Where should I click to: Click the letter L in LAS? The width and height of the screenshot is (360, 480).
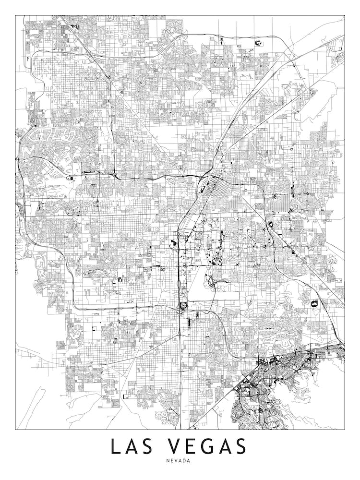116,446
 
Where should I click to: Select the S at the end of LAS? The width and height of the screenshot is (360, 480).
153,446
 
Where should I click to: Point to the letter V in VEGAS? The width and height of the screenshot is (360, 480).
176,446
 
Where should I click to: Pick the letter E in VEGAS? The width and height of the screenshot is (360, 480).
193,446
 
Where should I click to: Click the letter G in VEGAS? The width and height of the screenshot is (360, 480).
211,446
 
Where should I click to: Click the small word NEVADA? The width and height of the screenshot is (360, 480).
180,461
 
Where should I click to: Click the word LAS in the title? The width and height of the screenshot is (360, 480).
134,446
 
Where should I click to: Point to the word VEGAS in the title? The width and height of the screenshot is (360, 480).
211,446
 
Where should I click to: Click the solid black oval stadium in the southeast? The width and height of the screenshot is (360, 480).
315,304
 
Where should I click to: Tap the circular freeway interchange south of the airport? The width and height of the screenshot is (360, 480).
183,306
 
